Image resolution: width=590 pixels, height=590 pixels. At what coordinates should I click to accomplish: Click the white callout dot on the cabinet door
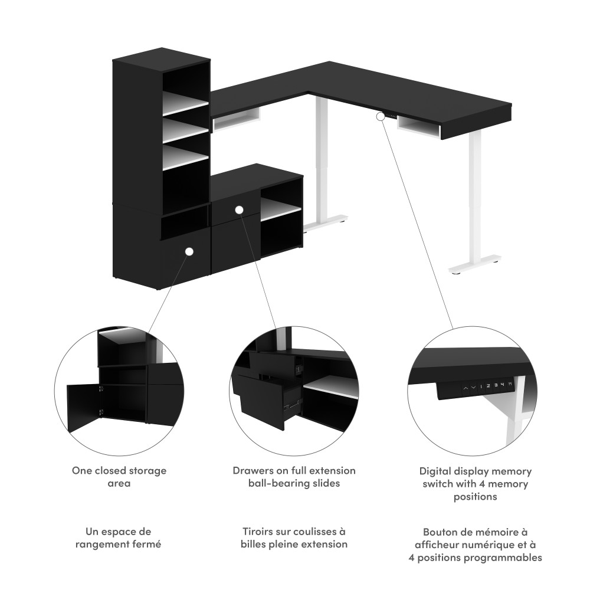click(189, 251)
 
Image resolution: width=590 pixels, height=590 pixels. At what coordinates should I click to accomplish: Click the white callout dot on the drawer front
click(240, 209)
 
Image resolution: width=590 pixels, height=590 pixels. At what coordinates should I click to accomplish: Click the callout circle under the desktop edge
click(381, 116)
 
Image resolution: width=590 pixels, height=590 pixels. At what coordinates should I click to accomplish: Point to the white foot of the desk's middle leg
click(326, 223)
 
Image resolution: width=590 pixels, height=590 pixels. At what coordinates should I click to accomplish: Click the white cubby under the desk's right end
click(418, 127)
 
